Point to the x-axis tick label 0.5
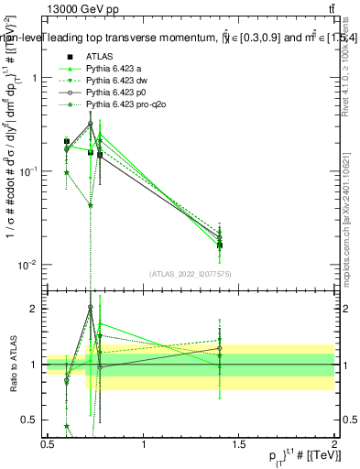point(49,445)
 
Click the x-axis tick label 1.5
point(238,445)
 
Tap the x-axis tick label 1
point(144,445)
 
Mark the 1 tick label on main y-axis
point(34,78)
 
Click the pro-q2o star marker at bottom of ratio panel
point(67,426)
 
